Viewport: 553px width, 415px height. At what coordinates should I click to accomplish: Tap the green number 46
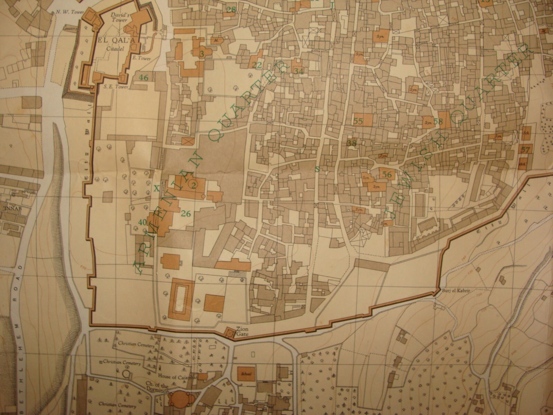click(x=144, y=78)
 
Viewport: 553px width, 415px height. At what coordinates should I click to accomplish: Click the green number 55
click(x=359, y=121)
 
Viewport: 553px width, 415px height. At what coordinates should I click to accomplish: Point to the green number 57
click(x=525, y=150)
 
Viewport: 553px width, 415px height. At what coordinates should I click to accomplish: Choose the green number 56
click(x=387, y=175)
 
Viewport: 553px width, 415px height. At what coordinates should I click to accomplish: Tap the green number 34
click(x=299, y=71)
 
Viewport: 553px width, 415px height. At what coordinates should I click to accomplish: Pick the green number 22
click(x=258, y=65)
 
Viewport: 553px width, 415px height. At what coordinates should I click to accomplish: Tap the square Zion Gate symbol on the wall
click(x=230, y=332)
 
